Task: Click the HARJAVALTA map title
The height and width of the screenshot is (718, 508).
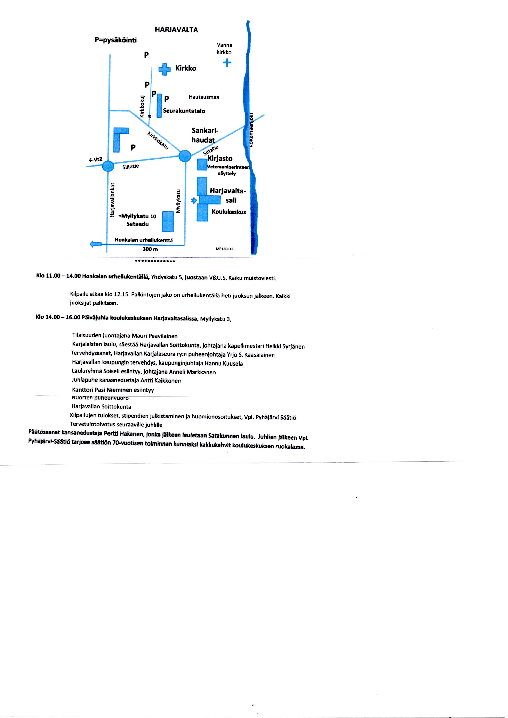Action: coord(176,30)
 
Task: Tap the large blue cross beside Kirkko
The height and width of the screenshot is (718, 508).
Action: coord(164,69)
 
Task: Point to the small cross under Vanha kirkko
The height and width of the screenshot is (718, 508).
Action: coord(227,63)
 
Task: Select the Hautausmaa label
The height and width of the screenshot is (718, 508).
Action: coord(204,97)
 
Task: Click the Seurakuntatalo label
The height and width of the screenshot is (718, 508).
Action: coord(184,111)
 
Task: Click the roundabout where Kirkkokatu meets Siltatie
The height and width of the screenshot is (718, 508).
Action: coord(185,156)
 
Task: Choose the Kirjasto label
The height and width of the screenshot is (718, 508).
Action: coord(220,159)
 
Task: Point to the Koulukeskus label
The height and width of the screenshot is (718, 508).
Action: coord(229,212)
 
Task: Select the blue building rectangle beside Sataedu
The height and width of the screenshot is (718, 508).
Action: coord(168,222)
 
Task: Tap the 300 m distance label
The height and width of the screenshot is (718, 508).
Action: coord(150,249)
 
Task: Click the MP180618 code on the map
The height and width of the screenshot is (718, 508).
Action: coord(225,249)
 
